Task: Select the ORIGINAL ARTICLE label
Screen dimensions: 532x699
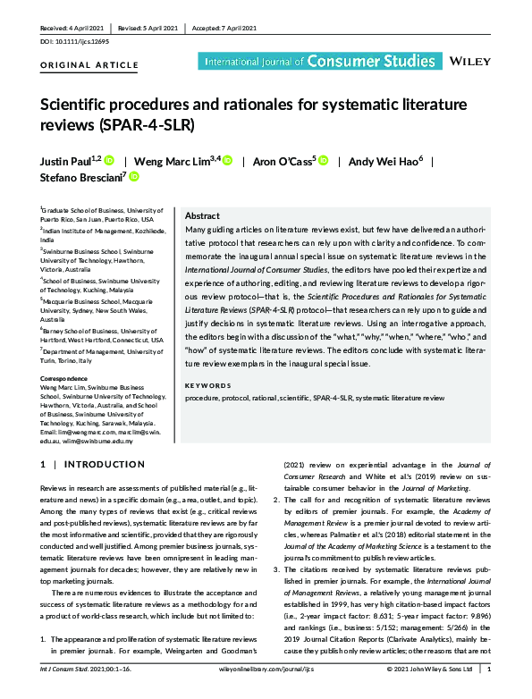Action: [x=89, y=65]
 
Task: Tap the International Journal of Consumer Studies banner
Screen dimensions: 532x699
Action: [x=307, y=62]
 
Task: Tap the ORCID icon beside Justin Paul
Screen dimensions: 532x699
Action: [x=109, y=161]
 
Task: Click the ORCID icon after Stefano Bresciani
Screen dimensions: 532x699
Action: [x=135, y=177]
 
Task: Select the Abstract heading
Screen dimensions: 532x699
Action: [x=202, y=217]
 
